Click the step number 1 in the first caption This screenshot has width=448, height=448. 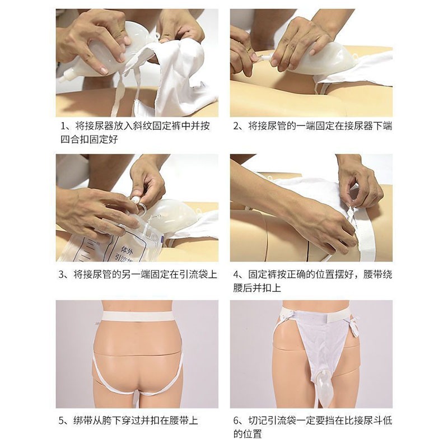point(64,126)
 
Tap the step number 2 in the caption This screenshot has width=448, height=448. point(236,126)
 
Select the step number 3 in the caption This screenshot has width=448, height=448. point(62,274)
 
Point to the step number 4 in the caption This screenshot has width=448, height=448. point(236,274)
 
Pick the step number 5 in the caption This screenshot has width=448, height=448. point(62,421)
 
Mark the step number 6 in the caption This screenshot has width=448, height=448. point(236,421)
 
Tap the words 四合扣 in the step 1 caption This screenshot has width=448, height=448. point(74,139)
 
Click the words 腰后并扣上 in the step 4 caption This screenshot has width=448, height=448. point(257,288)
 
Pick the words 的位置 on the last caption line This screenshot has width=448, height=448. point(248,434)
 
